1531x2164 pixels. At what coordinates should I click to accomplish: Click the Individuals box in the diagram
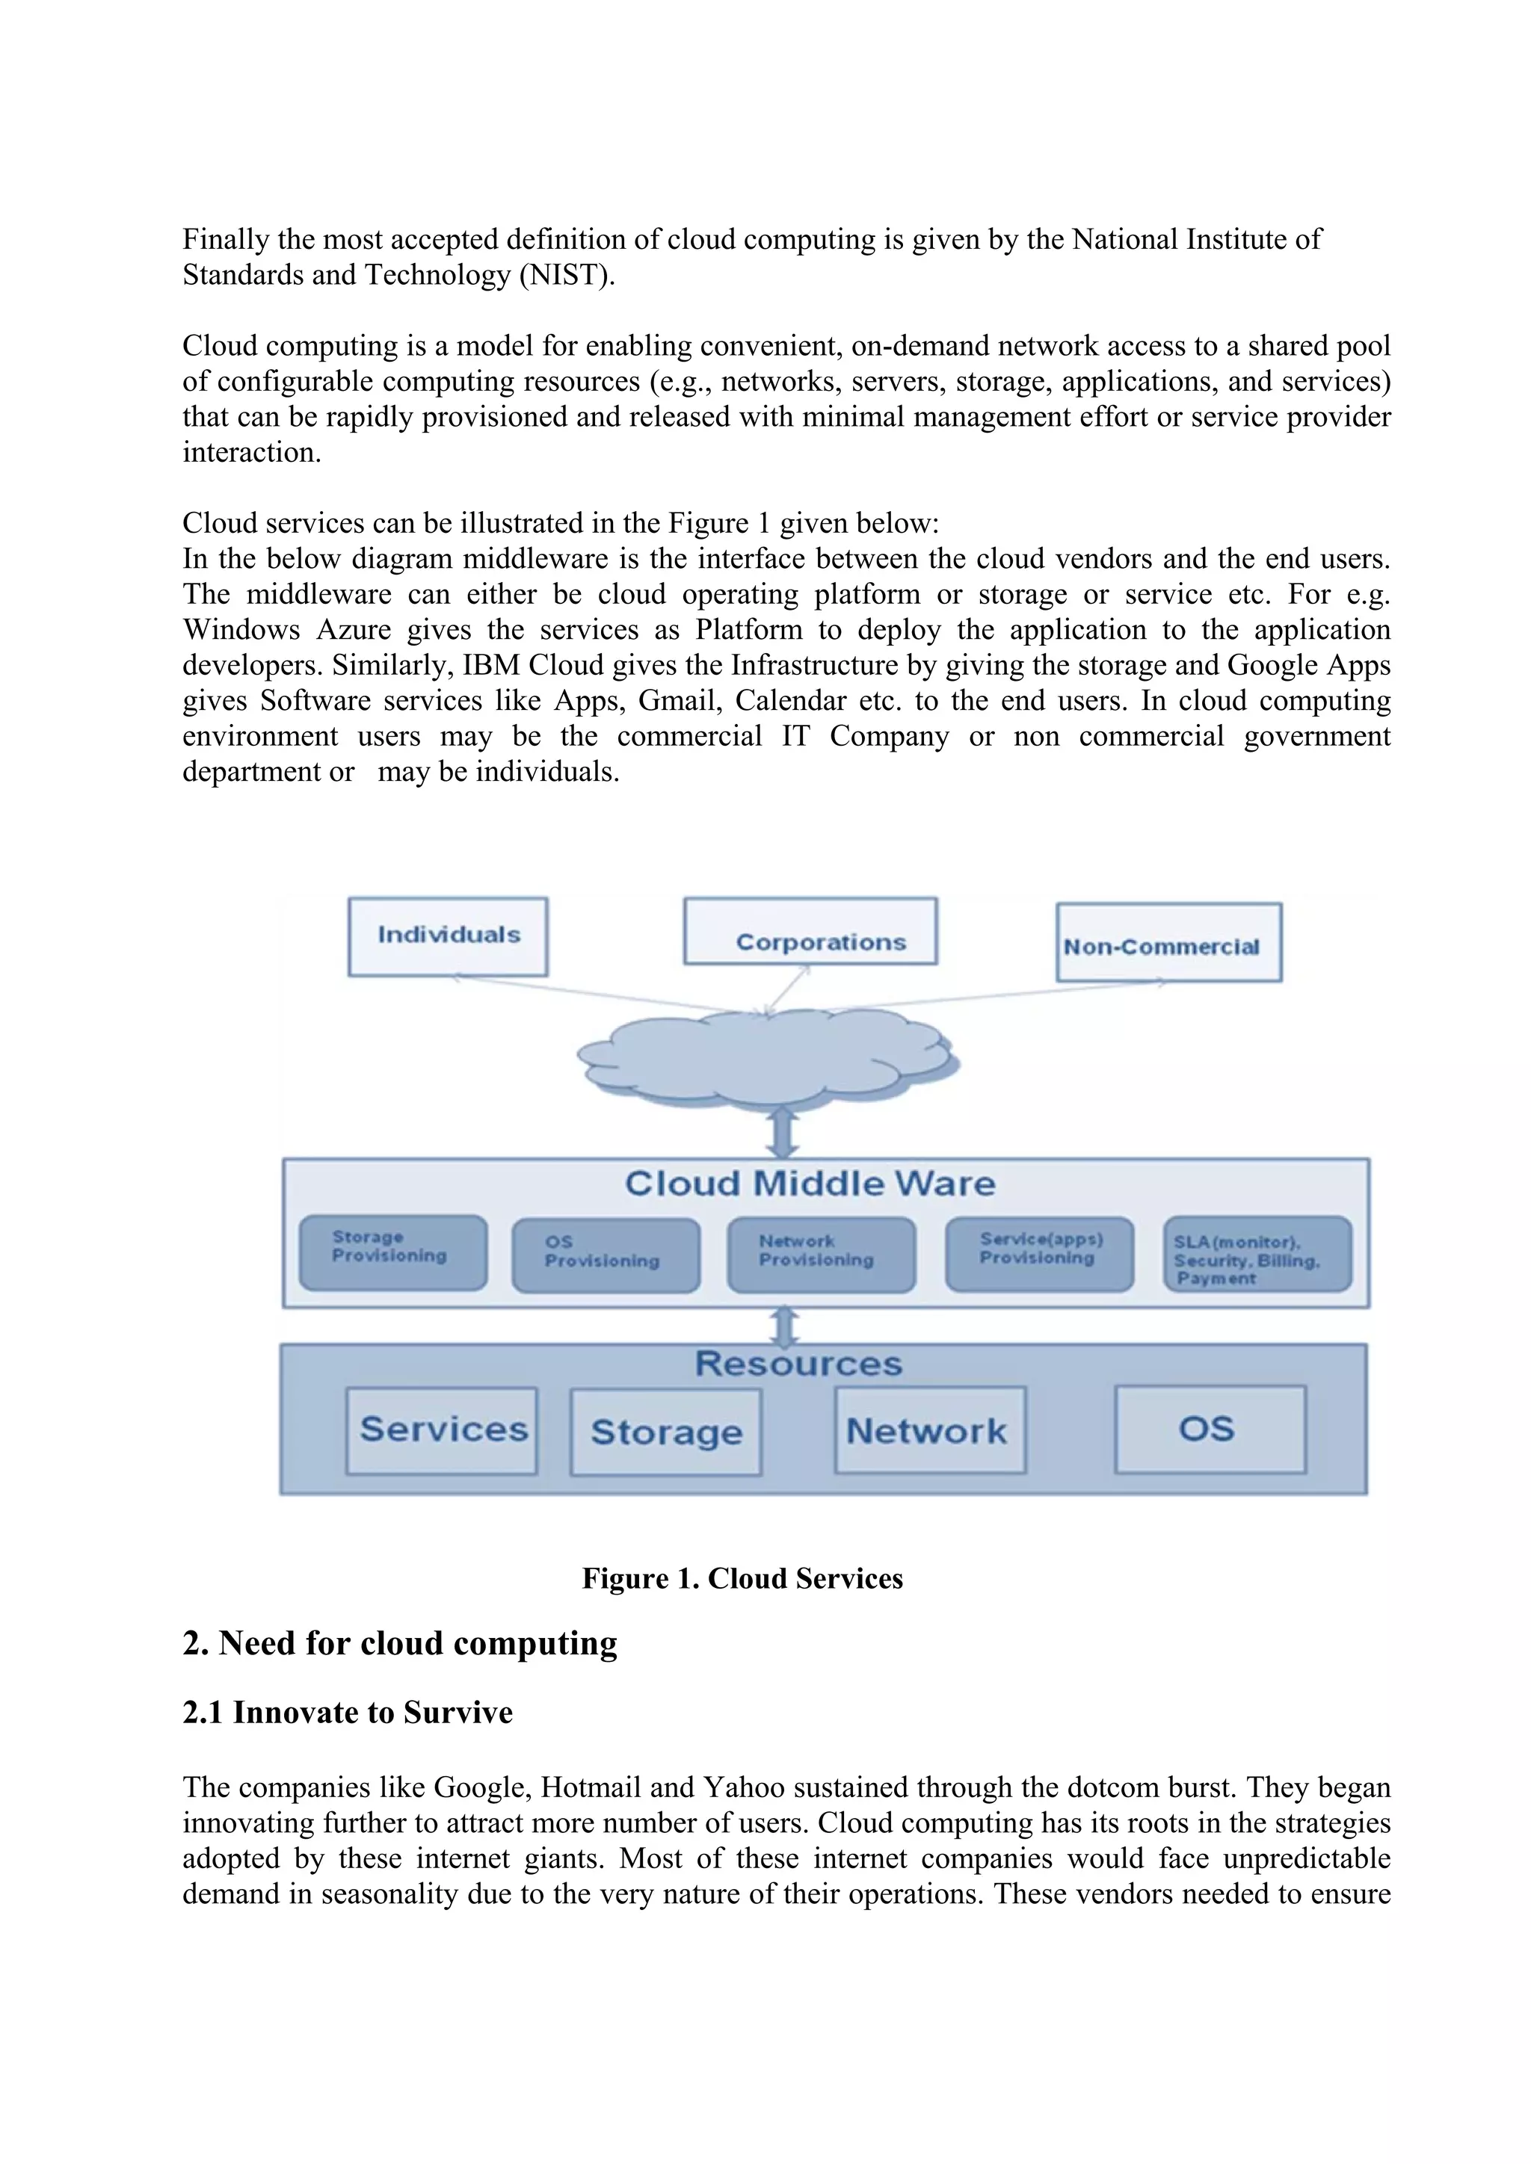click(448, 936)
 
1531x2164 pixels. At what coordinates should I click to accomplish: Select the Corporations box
click(810, 931)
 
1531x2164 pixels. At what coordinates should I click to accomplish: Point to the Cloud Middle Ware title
click(810, 1184)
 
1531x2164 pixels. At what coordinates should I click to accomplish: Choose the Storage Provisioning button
click(393, 1252)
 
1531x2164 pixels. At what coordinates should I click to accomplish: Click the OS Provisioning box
click(606, 1255)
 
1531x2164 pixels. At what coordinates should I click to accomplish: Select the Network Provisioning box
click(821, 1255)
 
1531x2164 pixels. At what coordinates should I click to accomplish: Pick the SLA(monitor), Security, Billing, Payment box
click(1257, 1255)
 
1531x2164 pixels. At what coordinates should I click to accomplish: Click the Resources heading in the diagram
click(798, 1364)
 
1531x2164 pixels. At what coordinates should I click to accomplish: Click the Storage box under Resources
click(665, 1432)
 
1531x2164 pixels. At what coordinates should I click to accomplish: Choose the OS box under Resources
click(1210, 1429)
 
